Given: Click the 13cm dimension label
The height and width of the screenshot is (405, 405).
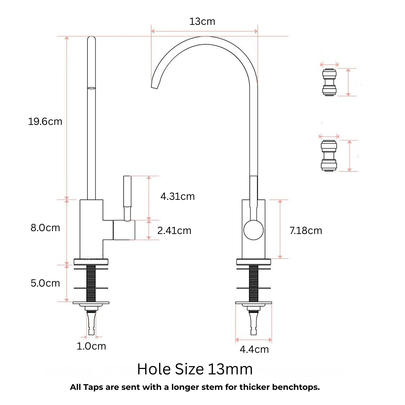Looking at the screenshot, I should point(202,22).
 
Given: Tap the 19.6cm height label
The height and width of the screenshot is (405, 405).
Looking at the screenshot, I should point(45,121).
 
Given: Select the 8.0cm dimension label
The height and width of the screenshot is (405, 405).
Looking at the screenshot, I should point(45,228).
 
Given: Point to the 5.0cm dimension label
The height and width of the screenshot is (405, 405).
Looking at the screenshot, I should point(45,283).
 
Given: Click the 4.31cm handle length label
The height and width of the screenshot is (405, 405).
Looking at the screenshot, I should point(177,196).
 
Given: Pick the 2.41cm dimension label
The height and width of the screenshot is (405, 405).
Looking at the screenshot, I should point(174,230).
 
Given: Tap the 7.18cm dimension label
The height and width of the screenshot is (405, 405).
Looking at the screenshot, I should point(306,230).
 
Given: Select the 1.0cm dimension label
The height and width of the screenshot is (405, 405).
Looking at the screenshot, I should point(91,346).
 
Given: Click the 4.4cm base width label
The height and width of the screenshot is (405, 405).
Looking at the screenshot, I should point(254,349).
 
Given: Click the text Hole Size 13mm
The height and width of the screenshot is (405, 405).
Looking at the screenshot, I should point(195,369).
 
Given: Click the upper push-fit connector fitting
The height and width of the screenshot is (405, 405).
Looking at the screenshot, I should point(329,82).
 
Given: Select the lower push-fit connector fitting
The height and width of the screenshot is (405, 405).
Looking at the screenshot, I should point(329,156).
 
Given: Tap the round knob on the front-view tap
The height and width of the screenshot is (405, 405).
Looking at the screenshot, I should point(253,230).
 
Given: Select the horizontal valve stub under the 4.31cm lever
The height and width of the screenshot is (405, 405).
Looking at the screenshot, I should point(124,230).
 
